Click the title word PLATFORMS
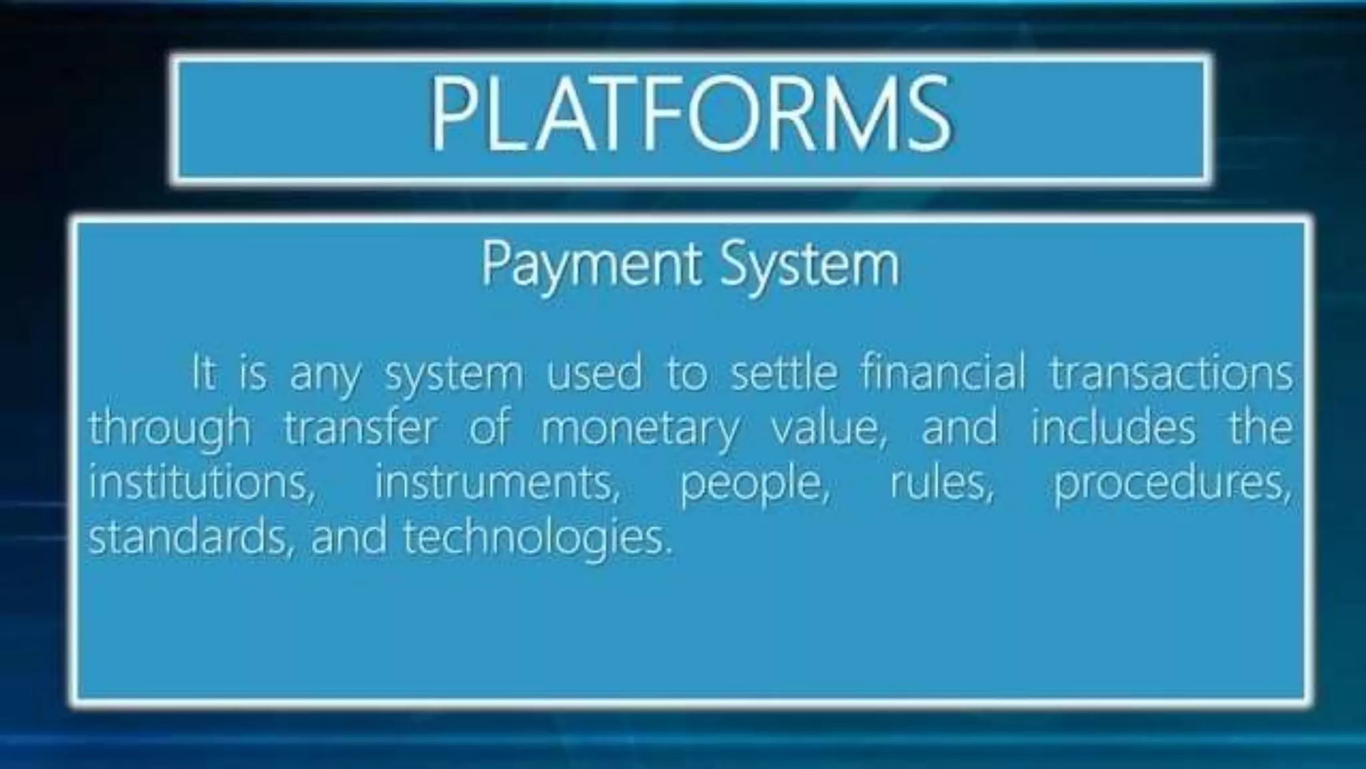(690, 113)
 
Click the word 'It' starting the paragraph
(203, 373)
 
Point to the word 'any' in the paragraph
(324, 375)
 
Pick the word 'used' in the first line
(594, 373)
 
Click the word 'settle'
(784, 373)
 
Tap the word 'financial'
(942, 373)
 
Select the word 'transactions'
(1171, 373)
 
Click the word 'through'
(169, 429)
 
